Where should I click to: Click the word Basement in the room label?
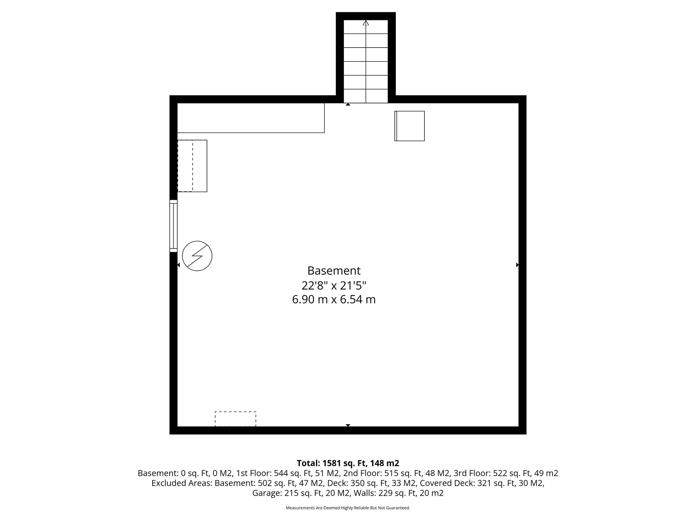(x=334, y=271)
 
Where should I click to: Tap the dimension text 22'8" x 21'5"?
(x=334, y=285)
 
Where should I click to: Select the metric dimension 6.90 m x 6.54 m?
(x=334, y=300)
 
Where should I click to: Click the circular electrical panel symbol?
(x=197, y=256)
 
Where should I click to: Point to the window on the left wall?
(x=173, y=226)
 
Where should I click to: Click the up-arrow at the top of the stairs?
(x=366, y=23)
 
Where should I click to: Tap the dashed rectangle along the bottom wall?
(x=236, y=419)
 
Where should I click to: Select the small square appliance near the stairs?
(x=410, y=126)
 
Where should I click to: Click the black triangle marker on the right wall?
(x=517, y=265)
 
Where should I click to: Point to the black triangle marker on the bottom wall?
(x=348, y=425)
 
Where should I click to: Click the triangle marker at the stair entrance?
(x=348, y=105)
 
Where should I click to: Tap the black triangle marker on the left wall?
(x=178, y=265)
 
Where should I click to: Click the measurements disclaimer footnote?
(x=348, y=508)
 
